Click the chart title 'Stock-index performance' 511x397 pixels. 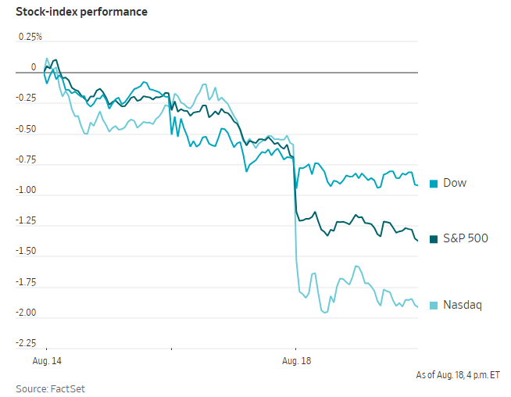click(x=81, y=12)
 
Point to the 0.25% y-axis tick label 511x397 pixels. click(x=30, y=37)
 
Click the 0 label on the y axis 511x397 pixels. click(x=34, y=67)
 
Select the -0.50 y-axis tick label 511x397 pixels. click(x=26, y=129)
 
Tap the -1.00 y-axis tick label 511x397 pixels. click(x=26, y=190)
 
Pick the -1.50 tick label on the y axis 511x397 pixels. click(x=26, y=252)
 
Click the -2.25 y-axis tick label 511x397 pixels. click(x=26, y=343)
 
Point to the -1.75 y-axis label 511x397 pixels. click(x=26, y=282)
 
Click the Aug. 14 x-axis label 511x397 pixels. click(x=47, y=361)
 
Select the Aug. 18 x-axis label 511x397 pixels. click(x=297, y=361)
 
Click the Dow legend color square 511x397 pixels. click(x=434, y=184)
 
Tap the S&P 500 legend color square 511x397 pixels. click(x=434, y=239)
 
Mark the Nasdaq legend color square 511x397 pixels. click(x=434, y=306)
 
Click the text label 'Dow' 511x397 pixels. click(x=455, y=183)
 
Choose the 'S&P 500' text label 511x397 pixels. click(x=466, y=238)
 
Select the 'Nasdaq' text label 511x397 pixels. click(x=463, y=305)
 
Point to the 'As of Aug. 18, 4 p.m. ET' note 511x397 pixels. click(x=458, y=375)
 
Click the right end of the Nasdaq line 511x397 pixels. click(x=417, y=306)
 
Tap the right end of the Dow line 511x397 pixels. click(x=417, y=185)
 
